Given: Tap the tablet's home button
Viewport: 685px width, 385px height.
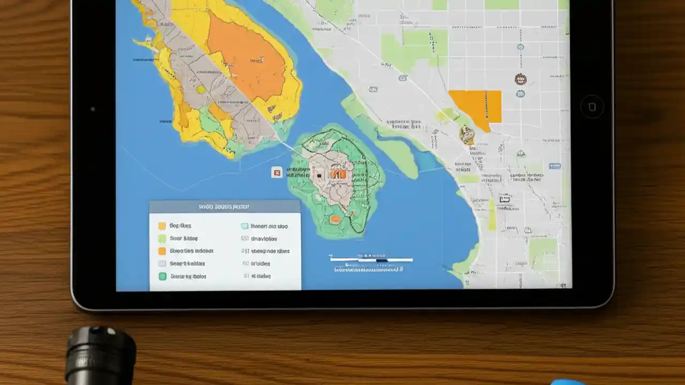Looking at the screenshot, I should (592, 106).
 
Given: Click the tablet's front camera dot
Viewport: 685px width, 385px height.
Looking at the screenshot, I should (93, 109).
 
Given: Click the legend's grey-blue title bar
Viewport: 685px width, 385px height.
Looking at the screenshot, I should (224, 206).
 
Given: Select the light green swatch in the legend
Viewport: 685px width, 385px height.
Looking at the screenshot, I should (162, 238).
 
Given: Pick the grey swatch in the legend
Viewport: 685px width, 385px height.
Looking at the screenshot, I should (162, 264).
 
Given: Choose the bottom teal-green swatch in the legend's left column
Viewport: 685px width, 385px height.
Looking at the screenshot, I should (162, 276).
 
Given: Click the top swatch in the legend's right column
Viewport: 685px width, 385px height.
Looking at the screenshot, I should (245, 226).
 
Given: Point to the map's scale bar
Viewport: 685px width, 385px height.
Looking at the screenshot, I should (371, 260).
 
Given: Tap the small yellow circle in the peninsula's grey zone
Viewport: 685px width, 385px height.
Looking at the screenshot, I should (201, 89).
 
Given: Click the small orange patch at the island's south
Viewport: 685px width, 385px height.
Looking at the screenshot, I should (336, 219).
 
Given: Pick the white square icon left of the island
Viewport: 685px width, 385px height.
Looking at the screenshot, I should (276, 172).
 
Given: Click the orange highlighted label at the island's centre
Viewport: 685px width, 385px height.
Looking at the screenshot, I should (338, 174).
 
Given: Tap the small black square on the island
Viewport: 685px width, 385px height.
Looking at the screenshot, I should (319, 175).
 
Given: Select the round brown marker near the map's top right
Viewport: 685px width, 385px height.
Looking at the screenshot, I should (520, 80).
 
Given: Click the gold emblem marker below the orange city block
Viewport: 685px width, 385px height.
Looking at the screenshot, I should (467, 135).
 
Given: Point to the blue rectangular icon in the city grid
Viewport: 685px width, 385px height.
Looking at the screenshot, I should (555, 166).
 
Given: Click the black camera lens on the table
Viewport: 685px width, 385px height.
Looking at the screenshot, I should (100, 356).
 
